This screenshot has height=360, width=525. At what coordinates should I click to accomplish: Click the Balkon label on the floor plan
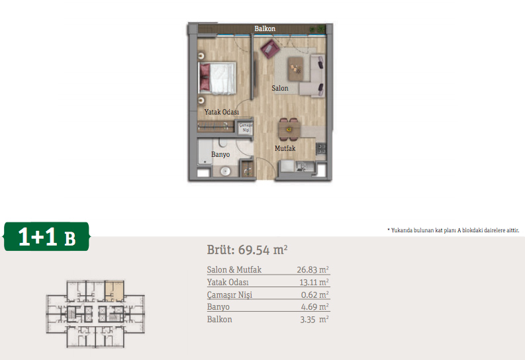(265, 28)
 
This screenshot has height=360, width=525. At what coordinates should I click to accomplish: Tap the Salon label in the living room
(280, 88)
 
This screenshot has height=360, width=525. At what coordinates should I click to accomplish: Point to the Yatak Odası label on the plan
(222, 112)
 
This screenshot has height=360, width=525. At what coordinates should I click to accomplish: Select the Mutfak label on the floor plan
(285, 148)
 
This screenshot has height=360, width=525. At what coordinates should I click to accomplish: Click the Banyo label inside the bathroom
(220, 154)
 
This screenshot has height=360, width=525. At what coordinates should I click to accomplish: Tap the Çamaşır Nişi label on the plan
(246, 128)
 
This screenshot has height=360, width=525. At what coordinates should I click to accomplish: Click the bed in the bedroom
(217, 78)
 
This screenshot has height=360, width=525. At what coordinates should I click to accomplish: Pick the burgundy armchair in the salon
(270, 49)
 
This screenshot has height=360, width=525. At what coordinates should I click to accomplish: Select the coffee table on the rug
(296, 69)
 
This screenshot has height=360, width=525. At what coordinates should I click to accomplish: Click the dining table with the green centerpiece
(289, 129)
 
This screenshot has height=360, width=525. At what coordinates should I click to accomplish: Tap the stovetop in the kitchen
(321, 149)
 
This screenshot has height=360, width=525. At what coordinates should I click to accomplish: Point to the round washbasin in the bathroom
(226, 171)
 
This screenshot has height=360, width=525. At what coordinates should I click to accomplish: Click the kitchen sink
(305, 166)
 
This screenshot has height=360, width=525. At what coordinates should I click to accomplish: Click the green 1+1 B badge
(46, 236)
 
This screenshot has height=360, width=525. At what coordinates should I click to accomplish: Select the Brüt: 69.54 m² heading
(247, 250)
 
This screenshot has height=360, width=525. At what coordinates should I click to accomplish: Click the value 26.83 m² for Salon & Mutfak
(312, 269)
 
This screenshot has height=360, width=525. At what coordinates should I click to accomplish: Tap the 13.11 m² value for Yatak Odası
(314, 283)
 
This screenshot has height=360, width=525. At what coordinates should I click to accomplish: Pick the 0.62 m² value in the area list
(314, 294)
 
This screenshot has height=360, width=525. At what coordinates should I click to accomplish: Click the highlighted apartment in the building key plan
(115, 291)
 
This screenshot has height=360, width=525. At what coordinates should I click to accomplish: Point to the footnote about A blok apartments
(453, 230)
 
